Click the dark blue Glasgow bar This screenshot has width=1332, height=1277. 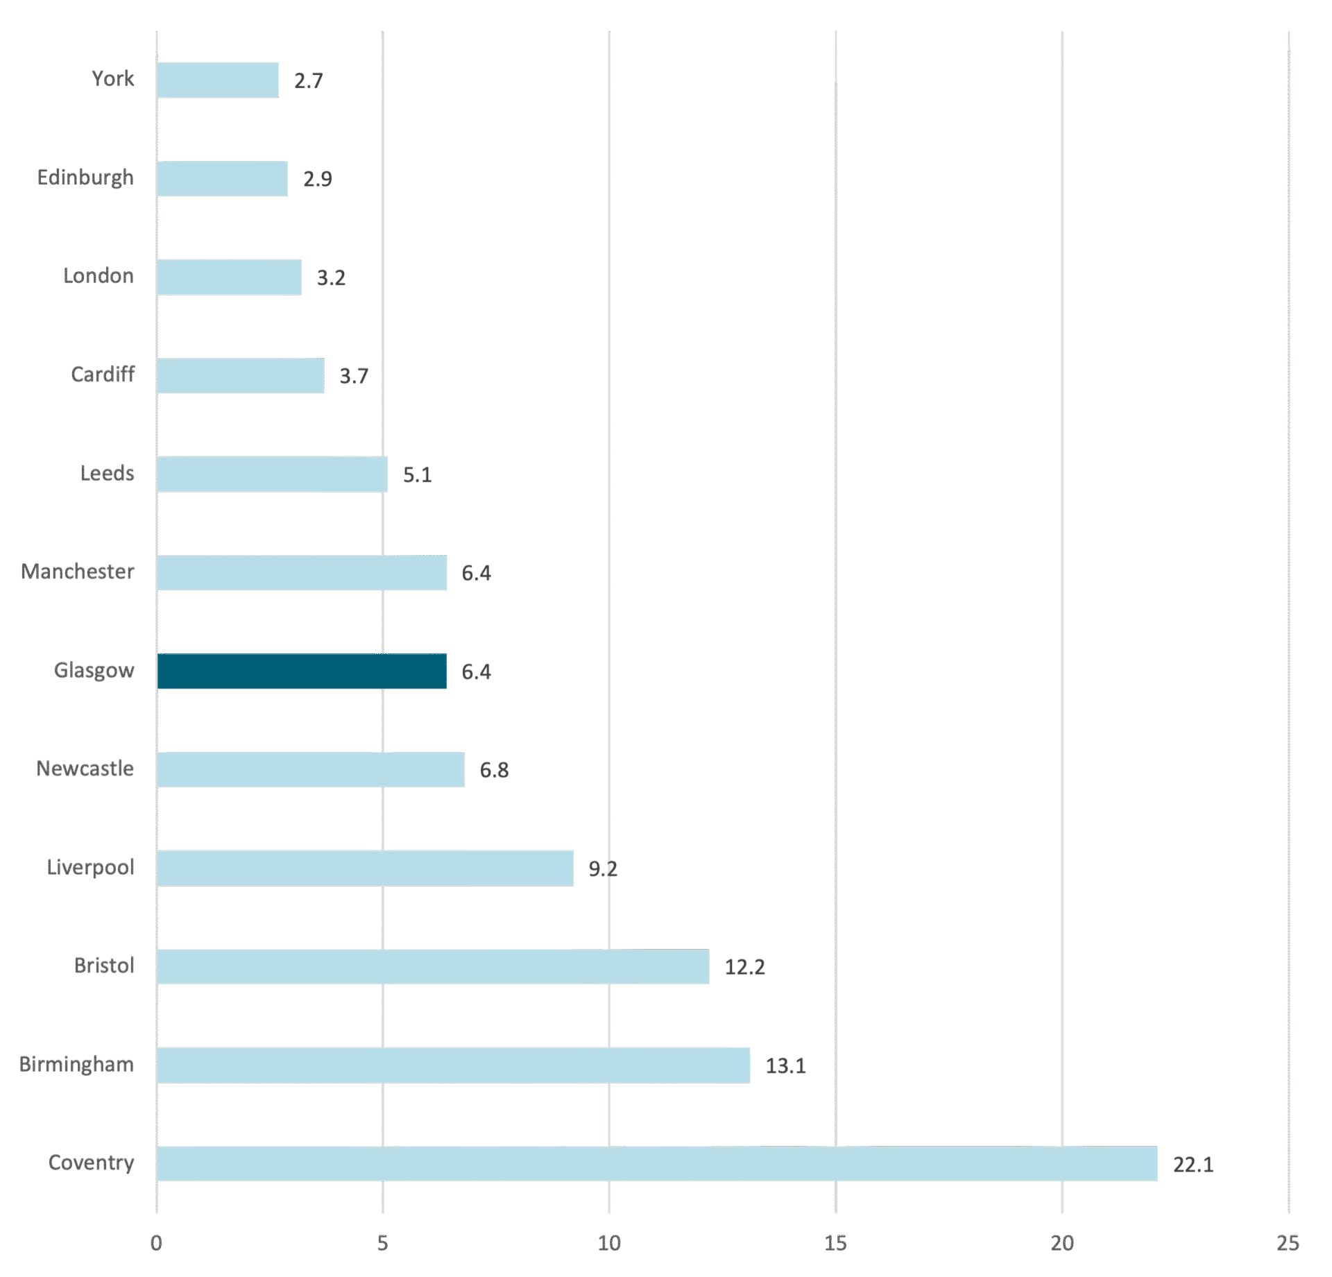coord(302,671)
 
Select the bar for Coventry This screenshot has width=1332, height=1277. coord(657,1163)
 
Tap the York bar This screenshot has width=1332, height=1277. coord(218,80)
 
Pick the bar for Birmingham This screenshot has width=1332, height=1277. coord(453,1065)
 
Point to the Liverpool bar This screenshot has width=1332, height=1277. coord(365,868)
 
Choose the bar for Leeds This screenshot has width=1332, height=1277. coord(272,474)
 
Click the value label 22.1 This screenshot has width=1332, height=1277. coord(1193,1165)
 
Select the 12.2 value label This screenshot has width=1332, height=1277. coord(744,967)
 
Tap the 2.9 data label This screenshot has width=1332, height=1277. coord(318,179)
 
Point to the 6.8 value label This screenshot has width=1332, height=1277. coord(494,770)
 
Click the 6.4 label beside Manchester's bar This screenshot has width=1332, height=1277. coord(477,573)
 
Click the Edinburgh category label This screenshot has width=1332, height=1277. coord(85,178)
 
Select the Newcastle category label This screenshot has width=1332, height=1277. coord(85,769)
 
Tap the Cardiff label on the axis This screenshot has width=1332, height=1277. coord(103,375)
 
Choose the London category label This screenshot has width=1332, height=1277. coord(99,276)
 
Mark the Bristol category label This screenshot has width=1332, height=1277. coord(104,966)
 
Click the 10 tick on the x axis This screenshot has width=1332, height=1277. coord(609,1243)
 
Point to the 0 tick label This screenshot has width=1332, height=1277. coord(157,1243)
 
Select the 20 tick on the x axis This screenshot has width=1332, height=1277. coord(1062,1243)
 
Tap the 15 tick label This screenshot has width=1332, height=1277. coord(836,1243)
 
